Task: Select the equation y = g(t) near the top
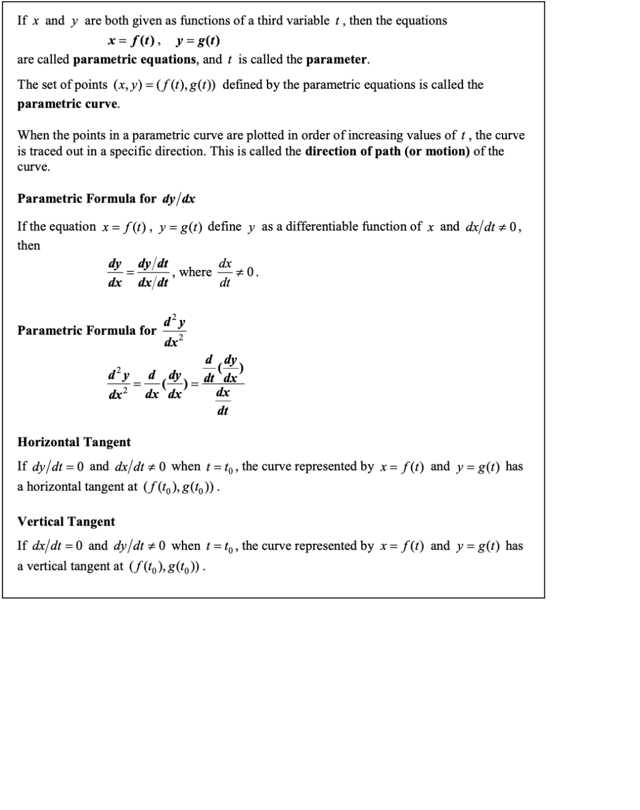point(197,41)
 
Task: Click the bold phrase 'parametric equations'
point(134,60)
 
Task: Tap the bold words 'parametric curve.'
point(69,104)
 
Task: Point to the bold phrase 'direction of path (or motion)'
point(387,151)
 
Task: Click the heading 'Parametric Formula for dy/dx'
point(106,199)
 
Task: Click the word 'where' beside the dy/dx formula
point(195,272)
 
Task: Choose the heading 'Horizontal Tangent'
point(74,442)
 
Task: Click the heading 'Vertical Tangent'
point(66,522)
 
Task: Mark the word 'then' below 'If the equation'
point(29,246)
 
